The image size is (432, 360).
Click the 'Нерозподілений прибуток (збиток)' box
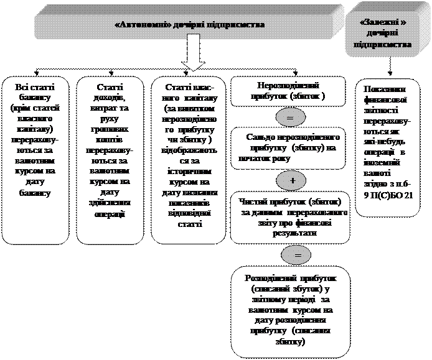click(x=288, y=91)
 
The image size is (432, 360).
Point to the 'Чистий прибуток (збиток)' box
click(x=293, y=218)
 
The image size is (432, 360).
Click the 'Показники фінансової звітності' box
click(x=390, y=142)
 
